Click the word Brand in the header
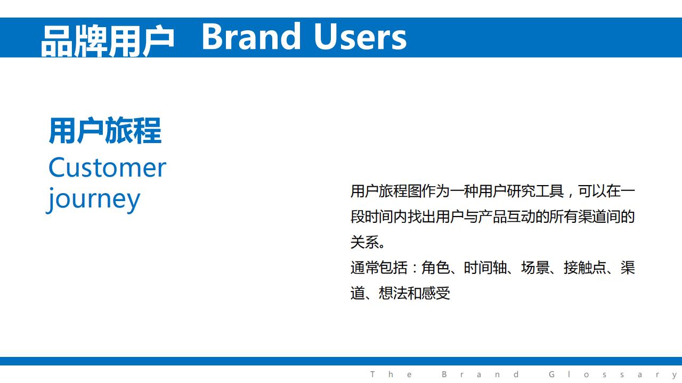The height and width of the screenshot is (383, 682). (251, 37)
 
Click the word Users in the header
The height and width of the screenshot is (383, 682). (360, 37)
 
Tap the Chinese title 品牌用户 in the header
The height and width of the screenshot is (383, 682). (107, 41)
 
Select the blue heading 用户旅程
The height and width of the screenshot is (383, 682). (105, 130)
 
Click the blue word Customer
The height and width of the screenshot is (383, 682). (107, 168)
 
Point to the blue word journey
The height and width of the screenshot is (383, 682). (93, 199)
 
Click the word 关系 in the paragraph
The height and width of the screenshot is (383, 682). (365, 242)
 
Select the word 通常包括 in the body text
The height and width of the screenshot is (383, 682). (379, 268)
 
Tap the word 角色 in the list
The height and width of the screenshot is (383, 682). (436, 268)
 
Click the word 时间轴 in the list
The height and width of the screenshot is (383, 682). (485, 268)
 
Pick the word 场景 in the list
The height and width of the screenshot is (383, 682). (535, 268)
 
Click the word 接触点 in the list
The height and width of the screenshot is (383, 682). (585, 268)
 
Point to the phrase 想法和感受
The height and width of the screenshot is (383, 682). (415, 293)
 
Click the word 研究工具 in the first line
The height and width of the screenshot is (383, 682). (535, 191)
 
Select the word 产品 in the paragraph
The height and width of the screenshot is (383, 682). (492, 217)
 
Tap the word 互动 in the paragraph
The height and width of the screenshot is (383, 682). (521, 217)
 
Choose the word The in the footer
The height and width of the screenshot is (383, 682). (391, 374)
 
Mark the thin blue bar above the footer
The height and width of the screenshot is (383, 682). (341, 361)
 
